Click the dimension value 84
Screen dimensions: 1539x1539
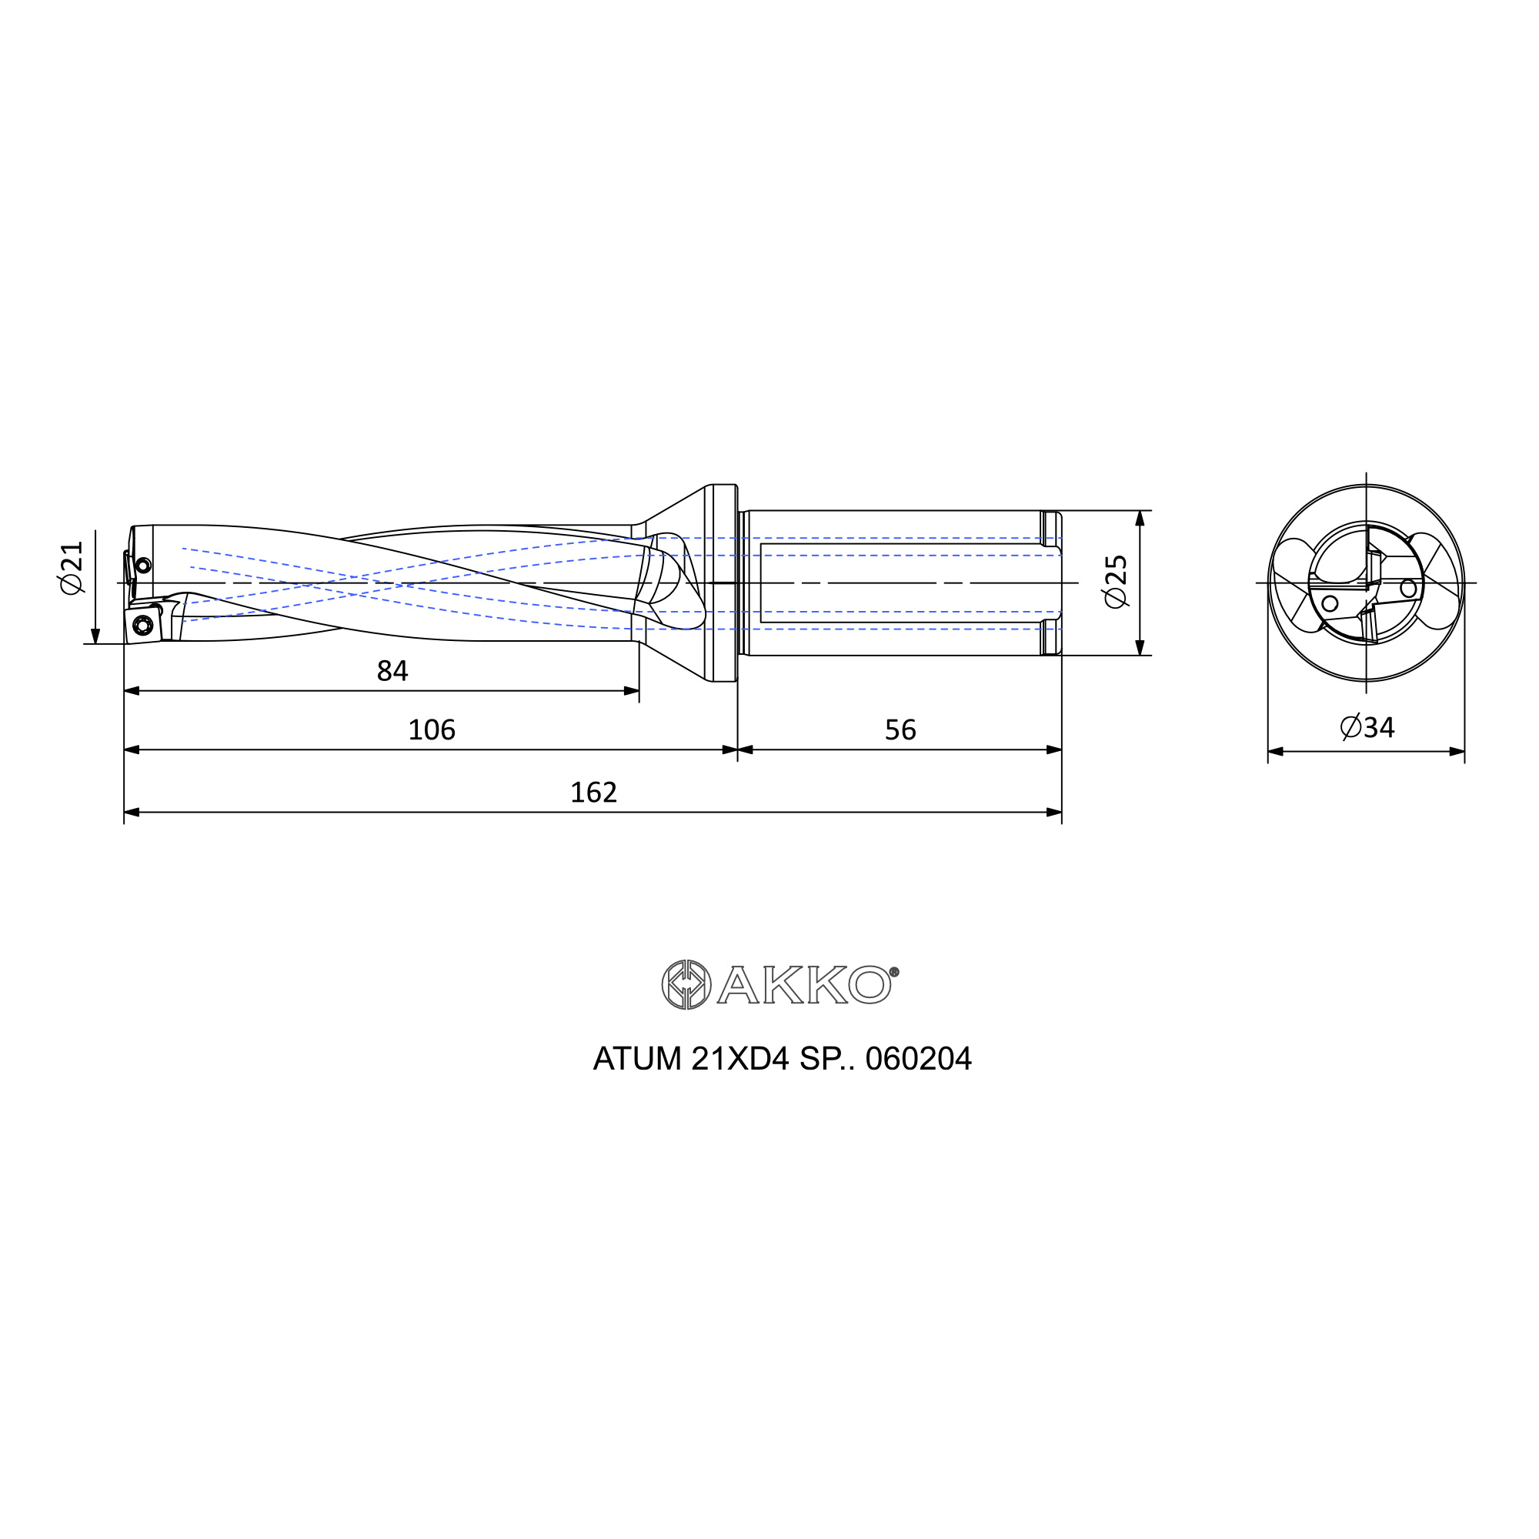(x=392, y=672)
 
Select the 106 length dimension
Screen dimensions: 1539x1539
(x=432, y=729)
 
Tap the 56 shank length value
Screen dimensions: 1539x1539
(x=900, y=729)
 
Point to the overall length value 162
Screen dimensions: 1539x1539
(x=593, y=793)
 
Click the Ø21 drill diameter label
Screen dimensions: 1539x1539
(x=72, y=566)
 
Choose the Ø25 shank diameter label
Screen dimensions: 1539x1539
(x=1117, y=583)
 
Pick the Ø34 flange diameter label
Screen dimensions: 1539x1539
(x=1367, y=727)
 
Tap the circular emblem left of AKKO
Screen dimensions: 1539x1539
(x=686, y=986)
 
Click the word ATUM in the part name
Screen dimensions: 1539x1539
(x=637, y=1060)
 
